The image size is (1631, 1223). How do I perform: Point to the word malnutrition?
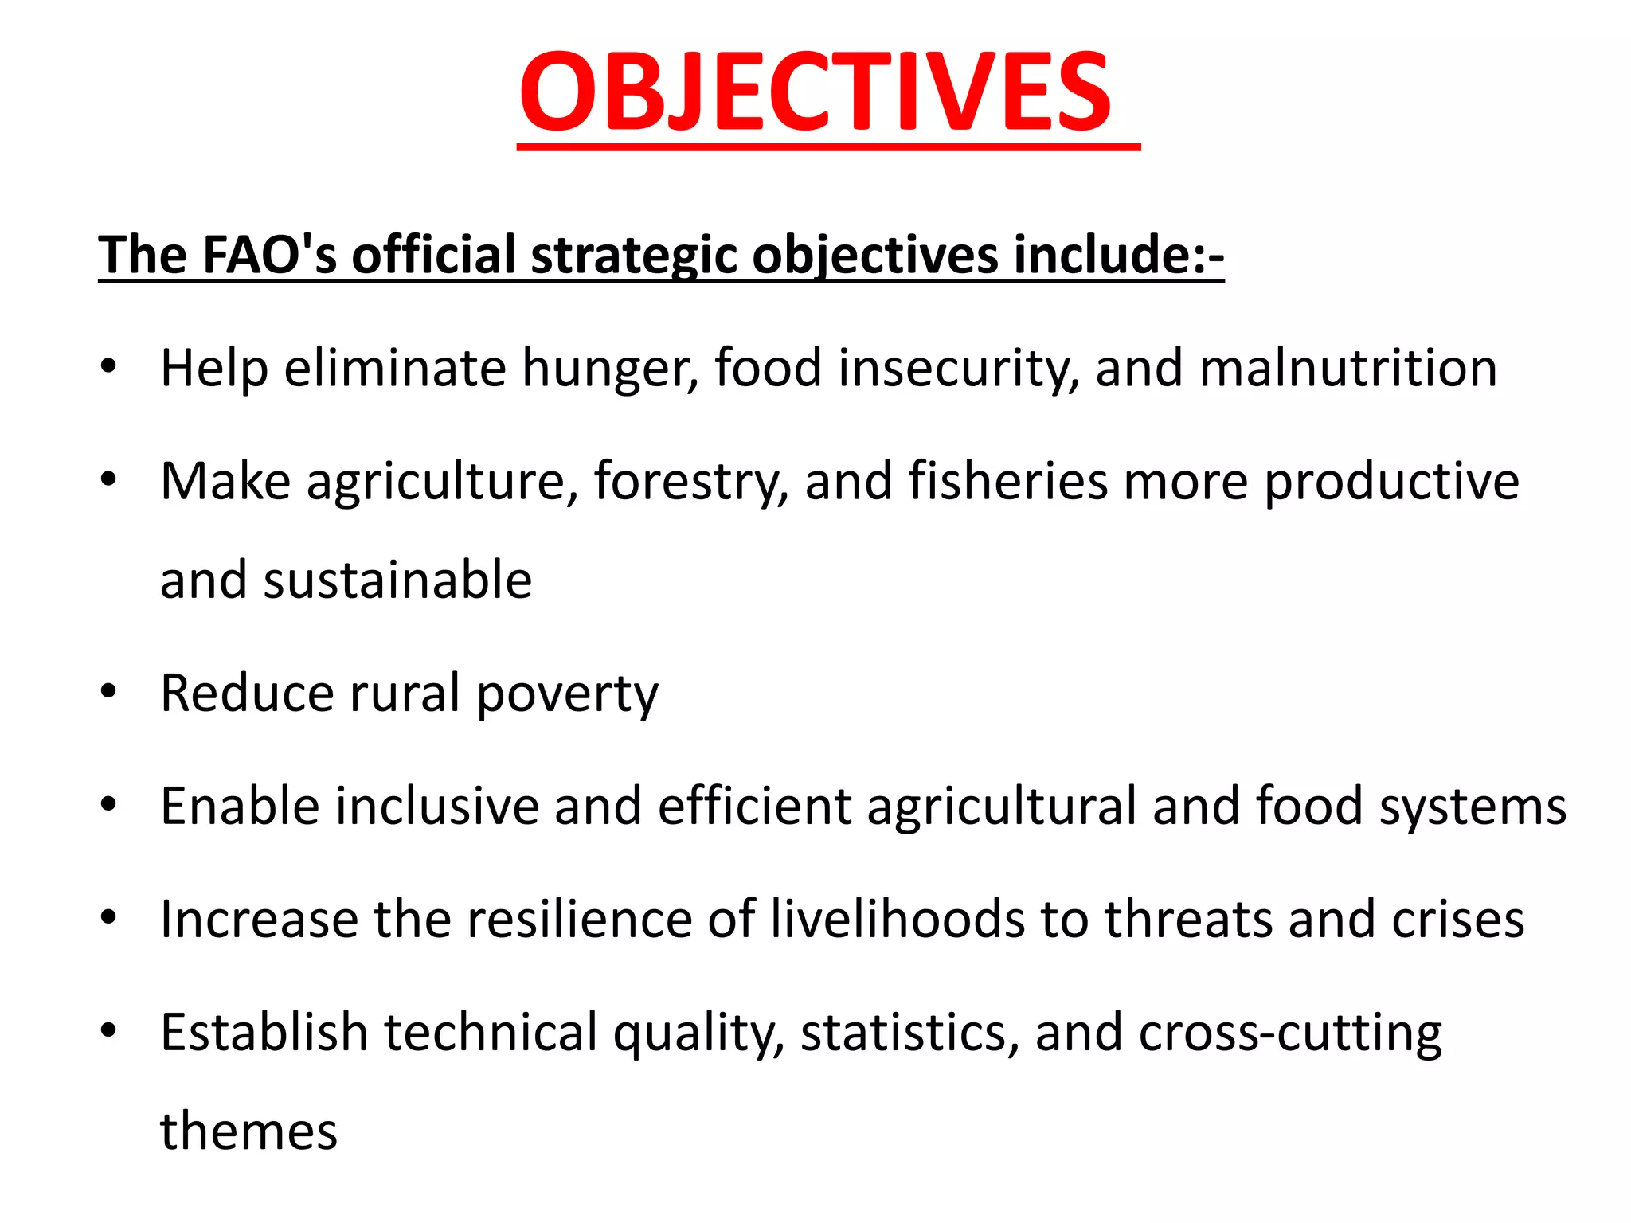[x=1347, y=368]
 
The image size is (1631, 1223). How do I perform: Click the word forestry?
[x=690, y=483]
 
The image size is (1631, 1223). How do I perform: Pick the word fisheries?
[x=1007, y=481]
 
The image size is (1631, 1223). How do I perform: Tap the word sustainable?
[x=397, y=580]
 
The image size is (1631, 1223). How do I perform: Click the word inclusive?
[x=437, y=806]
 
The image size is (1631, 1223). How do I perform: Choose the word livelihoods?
[x=897, y=919]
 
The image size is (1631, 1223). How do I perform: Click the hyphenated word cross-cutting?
[x=1289, y=1033]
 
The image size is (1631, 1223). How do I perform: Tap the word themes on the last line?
[x=248, y=1131]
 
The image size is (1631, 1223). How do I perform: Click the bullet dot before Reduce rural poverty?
[x=109, y=691]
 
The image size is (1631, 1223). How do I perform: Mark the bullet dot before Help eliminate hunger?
[x=109, y=366]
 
